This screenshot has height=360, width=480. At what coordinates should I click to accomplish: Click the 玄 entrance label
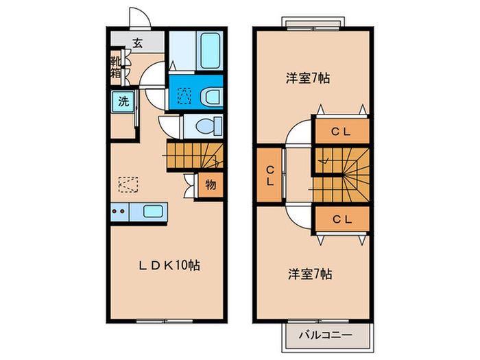click(x=137, y=43)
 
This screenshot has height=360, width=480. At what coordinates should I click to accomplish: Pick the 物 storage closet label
click(x=211, y=184)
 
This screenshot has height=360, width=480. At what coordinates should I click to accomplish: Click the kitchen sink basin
click(x=150, y=211)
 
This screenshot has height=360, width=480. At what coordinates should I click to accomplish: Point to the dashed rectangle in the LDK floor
click(x=128, y=184)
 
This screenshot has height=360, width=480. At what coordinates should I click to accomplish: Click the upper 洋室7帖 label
click(x=308, y=77)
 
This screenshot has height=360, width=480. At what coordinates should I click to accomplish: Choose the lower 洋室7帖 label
click(x=309, y=274)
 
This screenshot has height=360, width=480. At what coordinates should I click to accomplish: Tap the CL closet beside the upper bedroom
click(x=341, y=132)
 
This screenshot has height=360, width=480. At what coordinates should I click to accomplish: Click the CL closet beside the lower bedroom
click(x=341, y=219)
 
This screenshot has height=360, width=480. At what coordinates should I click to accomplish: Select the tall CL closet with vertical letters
click(x=269, y=176)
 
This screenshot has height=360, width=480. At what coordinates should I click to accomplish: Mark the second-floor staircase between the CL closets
click(x=341, y=175)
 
